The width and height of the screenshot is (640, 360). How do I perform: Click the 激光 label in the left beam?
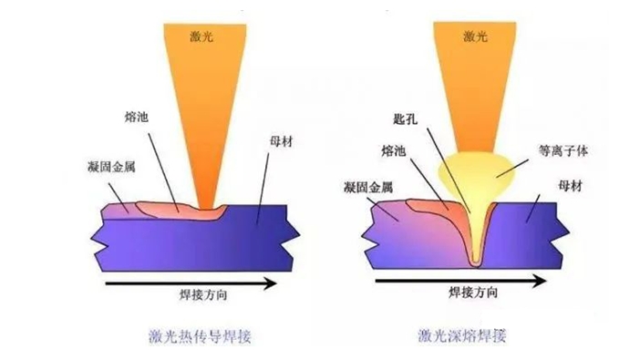pos(201,36)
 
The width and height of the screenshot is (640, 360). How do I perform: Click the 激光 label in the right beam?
pos(475,36)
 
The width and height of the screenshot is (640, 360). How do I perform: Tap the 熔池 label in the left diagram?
pos(136,118)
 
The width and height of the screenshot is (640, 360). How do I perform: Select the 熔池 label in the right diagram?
pos(394,151)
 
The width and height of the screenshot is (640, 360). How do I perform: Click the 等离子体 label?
pos(563,151)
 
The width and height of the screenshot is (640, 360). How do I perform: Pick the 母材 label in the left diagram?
pos(281,141)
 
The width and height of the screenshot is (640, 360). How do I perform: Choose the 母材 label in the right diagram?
pos(570,186)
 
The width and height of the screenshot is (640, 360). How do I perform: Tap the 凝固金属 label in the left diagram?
pos(111,167)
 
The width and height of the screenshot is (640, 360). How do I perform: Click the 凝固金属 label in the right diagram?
pos(368,188)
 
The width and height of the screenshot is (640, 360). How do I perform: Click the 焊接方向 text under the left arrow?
pos(203,294)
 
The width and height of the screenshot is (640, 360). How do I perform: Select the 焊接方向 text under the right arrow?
pos(473,293)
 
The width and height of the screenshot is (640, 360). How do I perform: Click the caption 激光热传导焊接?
pos(200,336)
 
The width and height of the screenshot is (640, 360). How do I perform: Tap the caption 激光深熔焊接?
pos(462,335)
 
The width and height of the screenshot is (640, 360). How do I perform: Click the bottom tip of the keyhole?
pos(475,265)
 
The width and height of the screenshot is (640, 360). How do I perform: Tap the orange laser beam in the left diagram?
pos(205,102)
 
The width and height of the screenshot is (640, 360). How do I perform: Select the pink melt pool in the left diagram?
pos(180,211)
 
